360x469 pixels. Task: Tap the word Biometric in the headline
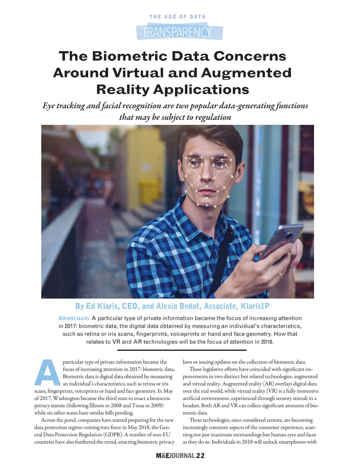pos(130,56)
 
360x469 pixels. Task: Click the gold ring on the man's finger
pos(280,275)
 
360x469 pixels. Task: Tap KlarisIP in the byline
pos(255,306)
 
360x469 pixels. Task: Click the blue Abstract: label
pos(74,318)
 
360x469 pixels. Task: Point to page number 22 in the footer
pos(200,456)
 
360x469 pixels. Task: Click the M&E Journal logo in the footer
pos(175,456)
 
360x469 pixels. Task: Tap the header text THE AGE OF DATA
pos(177,17)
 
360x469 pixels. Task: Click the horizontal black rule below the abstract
pos(181,350)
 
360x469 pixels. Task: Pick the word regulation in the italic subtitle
pos(213,117)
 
